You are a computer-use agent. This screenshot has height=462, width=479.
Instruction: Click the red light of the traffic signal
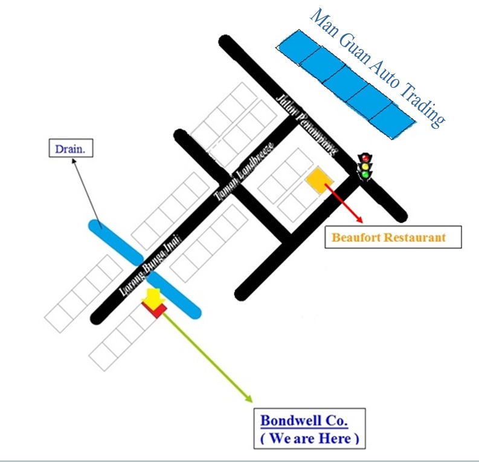click(365, 158)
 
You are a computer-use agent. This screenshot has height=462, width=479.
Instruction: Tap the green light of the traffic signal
click(365, 175)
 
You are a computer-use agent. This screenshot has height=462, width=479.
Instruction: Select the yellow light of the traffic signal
click(365, 166)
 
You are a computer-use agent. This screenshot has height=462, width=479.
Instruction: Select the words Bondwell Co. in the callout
click(304, 420)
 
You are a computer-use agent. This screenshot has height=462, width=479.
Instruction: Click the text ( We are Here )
click(309, 438)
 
